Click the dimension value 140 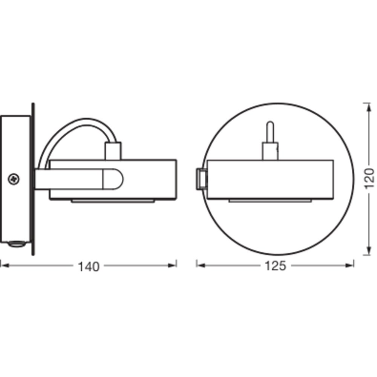[x=89, y=267]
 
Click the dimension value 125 [x=275, y=266]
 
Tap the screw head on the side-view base [x=14, y=179]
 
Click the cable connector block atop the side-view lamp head [x=113, y=151]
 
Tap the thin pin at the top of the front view [x=270, y=132]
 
